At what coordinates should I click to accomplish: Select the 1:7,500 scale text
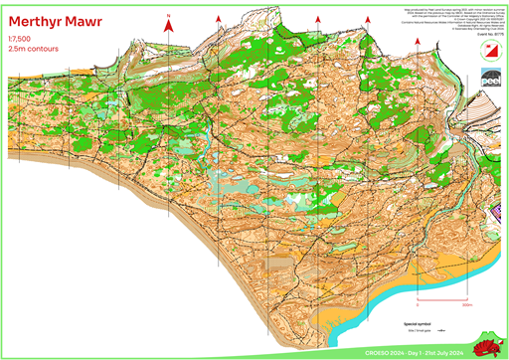tap(18, 38)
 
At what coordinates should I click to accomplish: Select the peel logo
tap(491, 78)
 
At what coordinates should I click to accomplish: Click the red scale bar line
tap(442, 299)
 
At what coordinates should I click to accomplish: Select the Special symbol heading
tap(417, 323)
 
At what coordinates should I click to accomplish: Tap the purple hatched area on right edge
tap(497, 149)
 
